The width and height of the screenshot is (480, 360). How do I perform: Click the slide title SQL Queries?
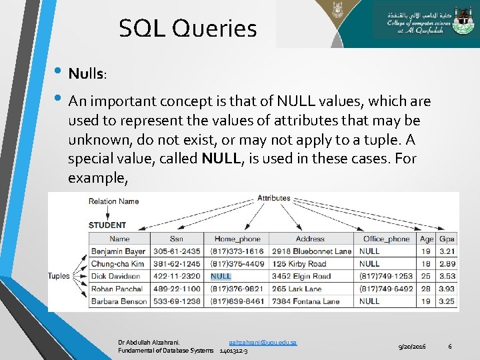tap(187, 28)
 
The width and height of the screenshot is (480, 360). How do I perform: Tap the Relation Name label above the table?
tap(114, 201)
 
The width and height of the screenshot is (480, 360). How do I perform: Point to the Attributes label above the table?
tap(274, 198)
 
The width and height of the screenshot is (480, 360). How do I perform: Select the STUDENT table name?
tap(107, 225)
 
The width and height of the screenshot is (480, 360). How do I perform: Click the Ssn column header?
tap(176, 239)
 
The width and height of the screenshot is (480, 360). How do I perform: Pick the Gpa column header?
tap(447, 239)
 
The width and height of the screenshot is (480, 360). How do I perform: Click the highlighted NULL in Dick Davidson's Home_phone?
tap(221, 276)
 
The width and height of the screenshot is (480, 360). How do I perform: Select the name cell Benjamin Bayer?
tap(118, 251)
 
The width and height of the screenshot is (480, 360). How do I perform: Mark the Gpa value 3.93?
tap(447, 289)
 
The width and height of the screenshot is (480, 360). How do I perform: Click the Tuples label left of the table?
tap(59, 276)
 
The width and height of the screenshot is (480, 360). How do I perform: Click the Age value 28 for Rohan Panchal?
tap(427, 289)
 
